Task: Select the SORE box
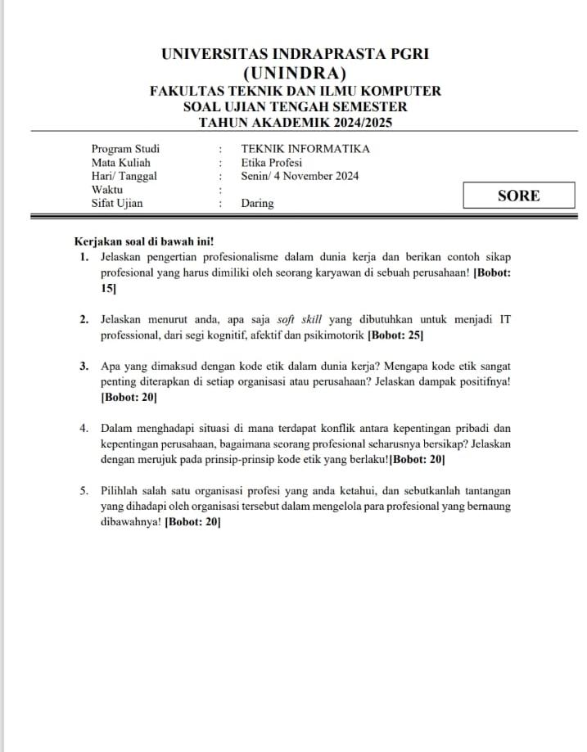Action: click(x=518, y=196)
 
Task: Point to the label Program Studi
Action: click(x=125, y=149)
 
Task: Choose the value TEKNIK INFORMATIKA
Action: click(x=305, y=149)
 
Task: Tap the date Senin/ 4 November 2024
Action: click(x=300, y=176)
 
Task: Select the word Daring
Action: click(x=257, y=203)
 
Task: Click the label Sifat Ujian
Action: click(x=116, y=203)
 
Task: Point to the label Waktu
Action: click(x=107, y=189)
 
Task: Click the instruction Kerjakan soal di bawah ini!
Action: click(x=144, y=241)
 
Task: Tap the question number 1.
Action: click(x=84, y=257)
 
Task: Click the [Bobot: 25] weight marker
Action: click(x=395, y=335)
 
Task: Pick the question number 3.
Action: click(x=84, y=366)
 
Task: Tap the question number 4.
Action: click(x=84, y=428)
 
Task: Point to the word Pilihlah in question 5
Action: click(x=120, y=491)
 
